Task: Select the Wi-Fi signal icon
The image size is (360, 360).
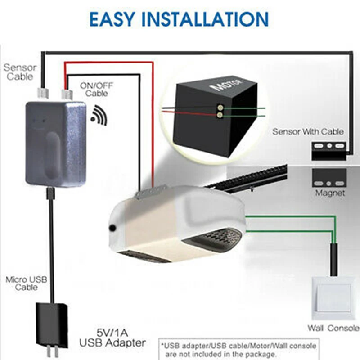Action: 99,114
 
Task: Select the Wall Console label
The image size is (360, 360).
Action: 333,328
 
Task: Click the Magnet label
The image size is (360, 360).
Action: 330,193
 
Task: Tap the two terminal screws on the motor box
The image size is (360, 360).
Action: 220,111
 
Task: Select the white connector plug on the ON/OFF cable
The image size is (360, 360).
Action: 67,94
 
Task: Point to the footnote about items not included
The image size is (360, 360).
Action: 238,350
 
